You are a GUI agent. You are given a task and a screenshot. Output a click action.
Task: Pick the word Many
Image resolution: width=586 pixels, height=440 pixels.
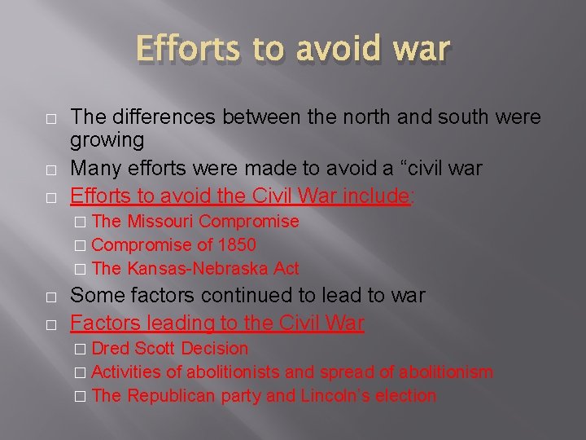tap(94, 169)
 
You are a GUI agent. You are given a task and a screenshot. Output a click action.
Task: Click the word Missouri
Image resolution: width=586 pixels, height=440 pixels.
tap(160, 222)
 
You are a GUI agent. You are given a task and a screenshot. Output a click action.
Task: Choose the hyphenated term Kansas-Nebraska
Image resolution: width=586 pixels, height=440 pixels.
tap(199, 269)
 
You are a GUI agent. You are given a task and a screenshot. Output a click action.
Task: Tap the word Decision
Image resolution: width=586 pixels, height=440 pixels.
tap(215, 349)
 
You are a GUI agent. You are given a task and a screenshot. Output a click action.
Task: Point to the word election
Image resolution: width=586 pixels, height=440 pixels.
tap(408, 396)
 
